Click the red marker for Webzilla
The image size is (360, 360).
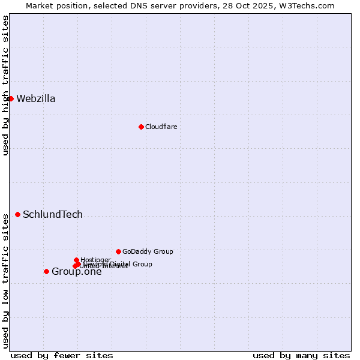[x=11, y=98]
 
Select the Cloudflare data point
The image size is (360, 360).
[x=141, y=127]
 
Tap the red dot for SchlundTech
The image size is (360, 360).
[x=17, y=214]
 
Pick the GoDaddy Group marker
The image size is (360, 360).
[x=118, y=251]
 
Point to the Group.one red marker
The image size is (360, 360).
[x=46, y=271]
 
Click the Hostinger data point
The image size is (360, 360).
[x=76, y=260]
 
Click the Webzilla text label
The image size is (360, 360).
[x=36, y=99]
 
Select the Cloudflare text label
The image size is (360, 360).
[x=161, y=127]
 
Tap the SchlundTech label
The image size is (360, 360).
[x=53, y=215]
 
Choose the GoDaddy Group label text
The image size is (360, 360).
[x=148, y=251]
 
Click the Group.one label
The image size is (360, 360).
[x=76, y=272]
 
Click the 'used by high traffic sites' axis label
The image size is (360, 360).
[x=5, y=85]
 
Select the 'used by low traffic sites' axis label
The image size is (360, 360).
[x=5, y=281]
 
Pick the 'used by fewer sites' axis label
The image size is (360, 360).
[x=62, y=355]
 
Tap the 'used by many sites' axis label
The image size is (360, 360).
[x=301, y=355]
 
